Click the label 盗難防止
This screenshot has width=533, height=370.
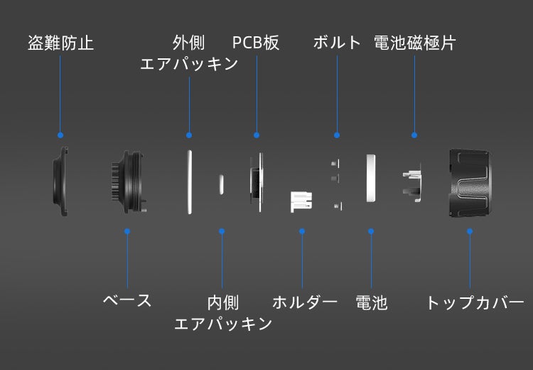click(60, 43)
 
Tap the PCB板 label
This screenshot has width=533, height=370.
click(256, 43)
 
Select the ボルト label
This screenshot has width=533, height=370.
click(338, 43)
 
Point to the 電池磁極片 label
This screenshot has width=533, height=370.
click(414, 43)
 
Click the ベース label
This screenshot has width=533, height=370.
click(127, 300)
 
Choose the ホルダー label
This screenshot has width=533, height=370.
click(304, 302)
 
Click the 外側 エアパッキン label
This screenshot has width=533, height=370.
click(189, 53)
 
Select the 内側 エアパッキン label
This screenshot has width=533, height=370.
click(223, 313)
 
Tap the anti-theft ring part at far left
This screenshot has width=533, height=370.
click(61, 182)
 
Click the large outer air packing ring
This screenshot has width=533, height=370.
click(190, 181)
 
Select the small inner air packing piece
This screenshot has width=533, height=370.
click(221, 183)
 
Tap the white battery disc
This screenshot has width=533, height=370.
click(370, 179)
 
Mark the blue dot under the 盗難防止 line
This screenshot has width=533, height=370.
click(60, 134)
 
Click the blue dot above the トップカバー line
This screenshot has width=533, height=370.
click(469, 231)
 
